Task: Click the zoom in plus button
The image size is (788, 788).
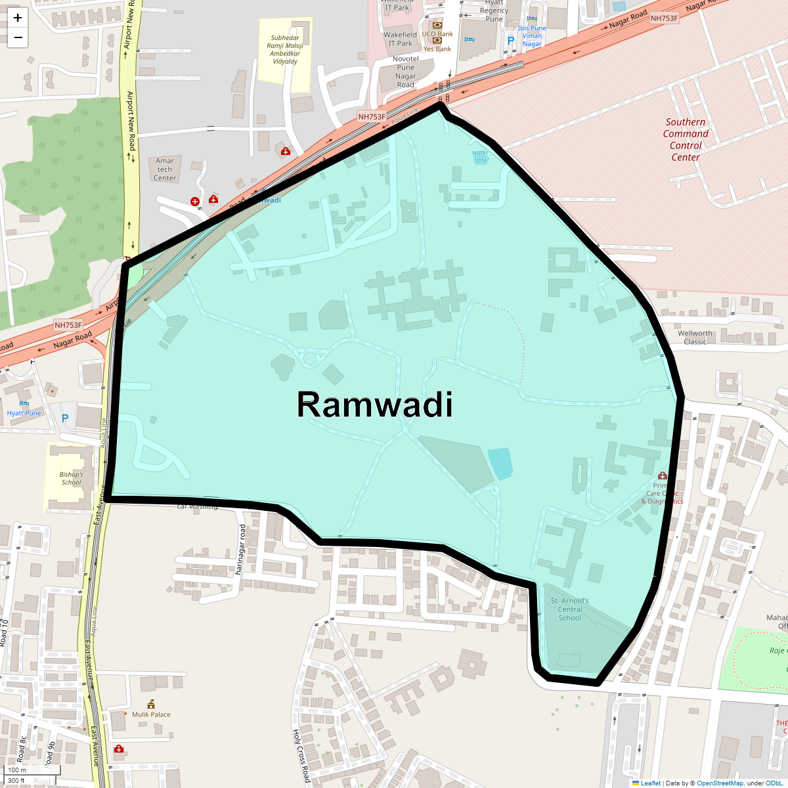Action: point(18,18)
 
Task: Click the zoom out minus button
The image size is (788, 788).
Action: point(18,37)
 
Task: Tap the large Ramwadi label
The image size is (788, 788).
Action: point(375,405)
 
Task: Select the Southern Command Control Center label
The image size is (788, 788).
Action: point(686,139)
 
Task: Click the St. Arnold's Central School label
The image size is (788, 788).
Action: point(570,609)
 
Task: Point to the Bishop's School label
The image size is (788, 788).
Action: point(71,478)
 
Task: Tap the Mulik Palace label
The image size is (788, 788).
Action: point(151,714)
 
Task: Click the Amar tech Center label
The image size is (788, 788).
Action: point(165,169)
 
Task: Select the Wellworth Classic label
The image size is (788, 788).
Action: point(695,338)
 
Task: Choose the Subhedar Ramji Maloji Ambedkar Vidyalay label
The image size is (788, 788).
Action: point(285,50)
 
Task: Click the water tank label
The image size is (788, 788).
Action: point(481,156)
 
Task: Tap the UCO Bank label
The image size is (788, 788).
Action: point(437,34)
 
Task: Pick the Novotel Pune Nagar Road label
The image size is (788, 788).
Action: point(406,72)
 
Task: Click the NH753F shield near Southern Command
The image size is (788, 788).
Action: point(664,18)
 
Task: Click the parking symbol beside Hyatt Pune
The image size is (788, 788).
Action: point(64,418)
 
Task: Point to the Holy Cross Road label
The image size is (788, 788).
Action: point(301,755)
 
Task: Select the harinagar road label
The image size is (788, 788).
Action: point(242,550)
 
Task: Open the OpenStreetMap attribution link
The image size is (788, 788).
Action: point(720,783)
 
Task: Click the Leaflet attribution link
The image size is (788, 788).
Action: point(650,783)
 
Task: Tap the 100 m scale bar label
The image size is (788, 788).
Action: point(17,770)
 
